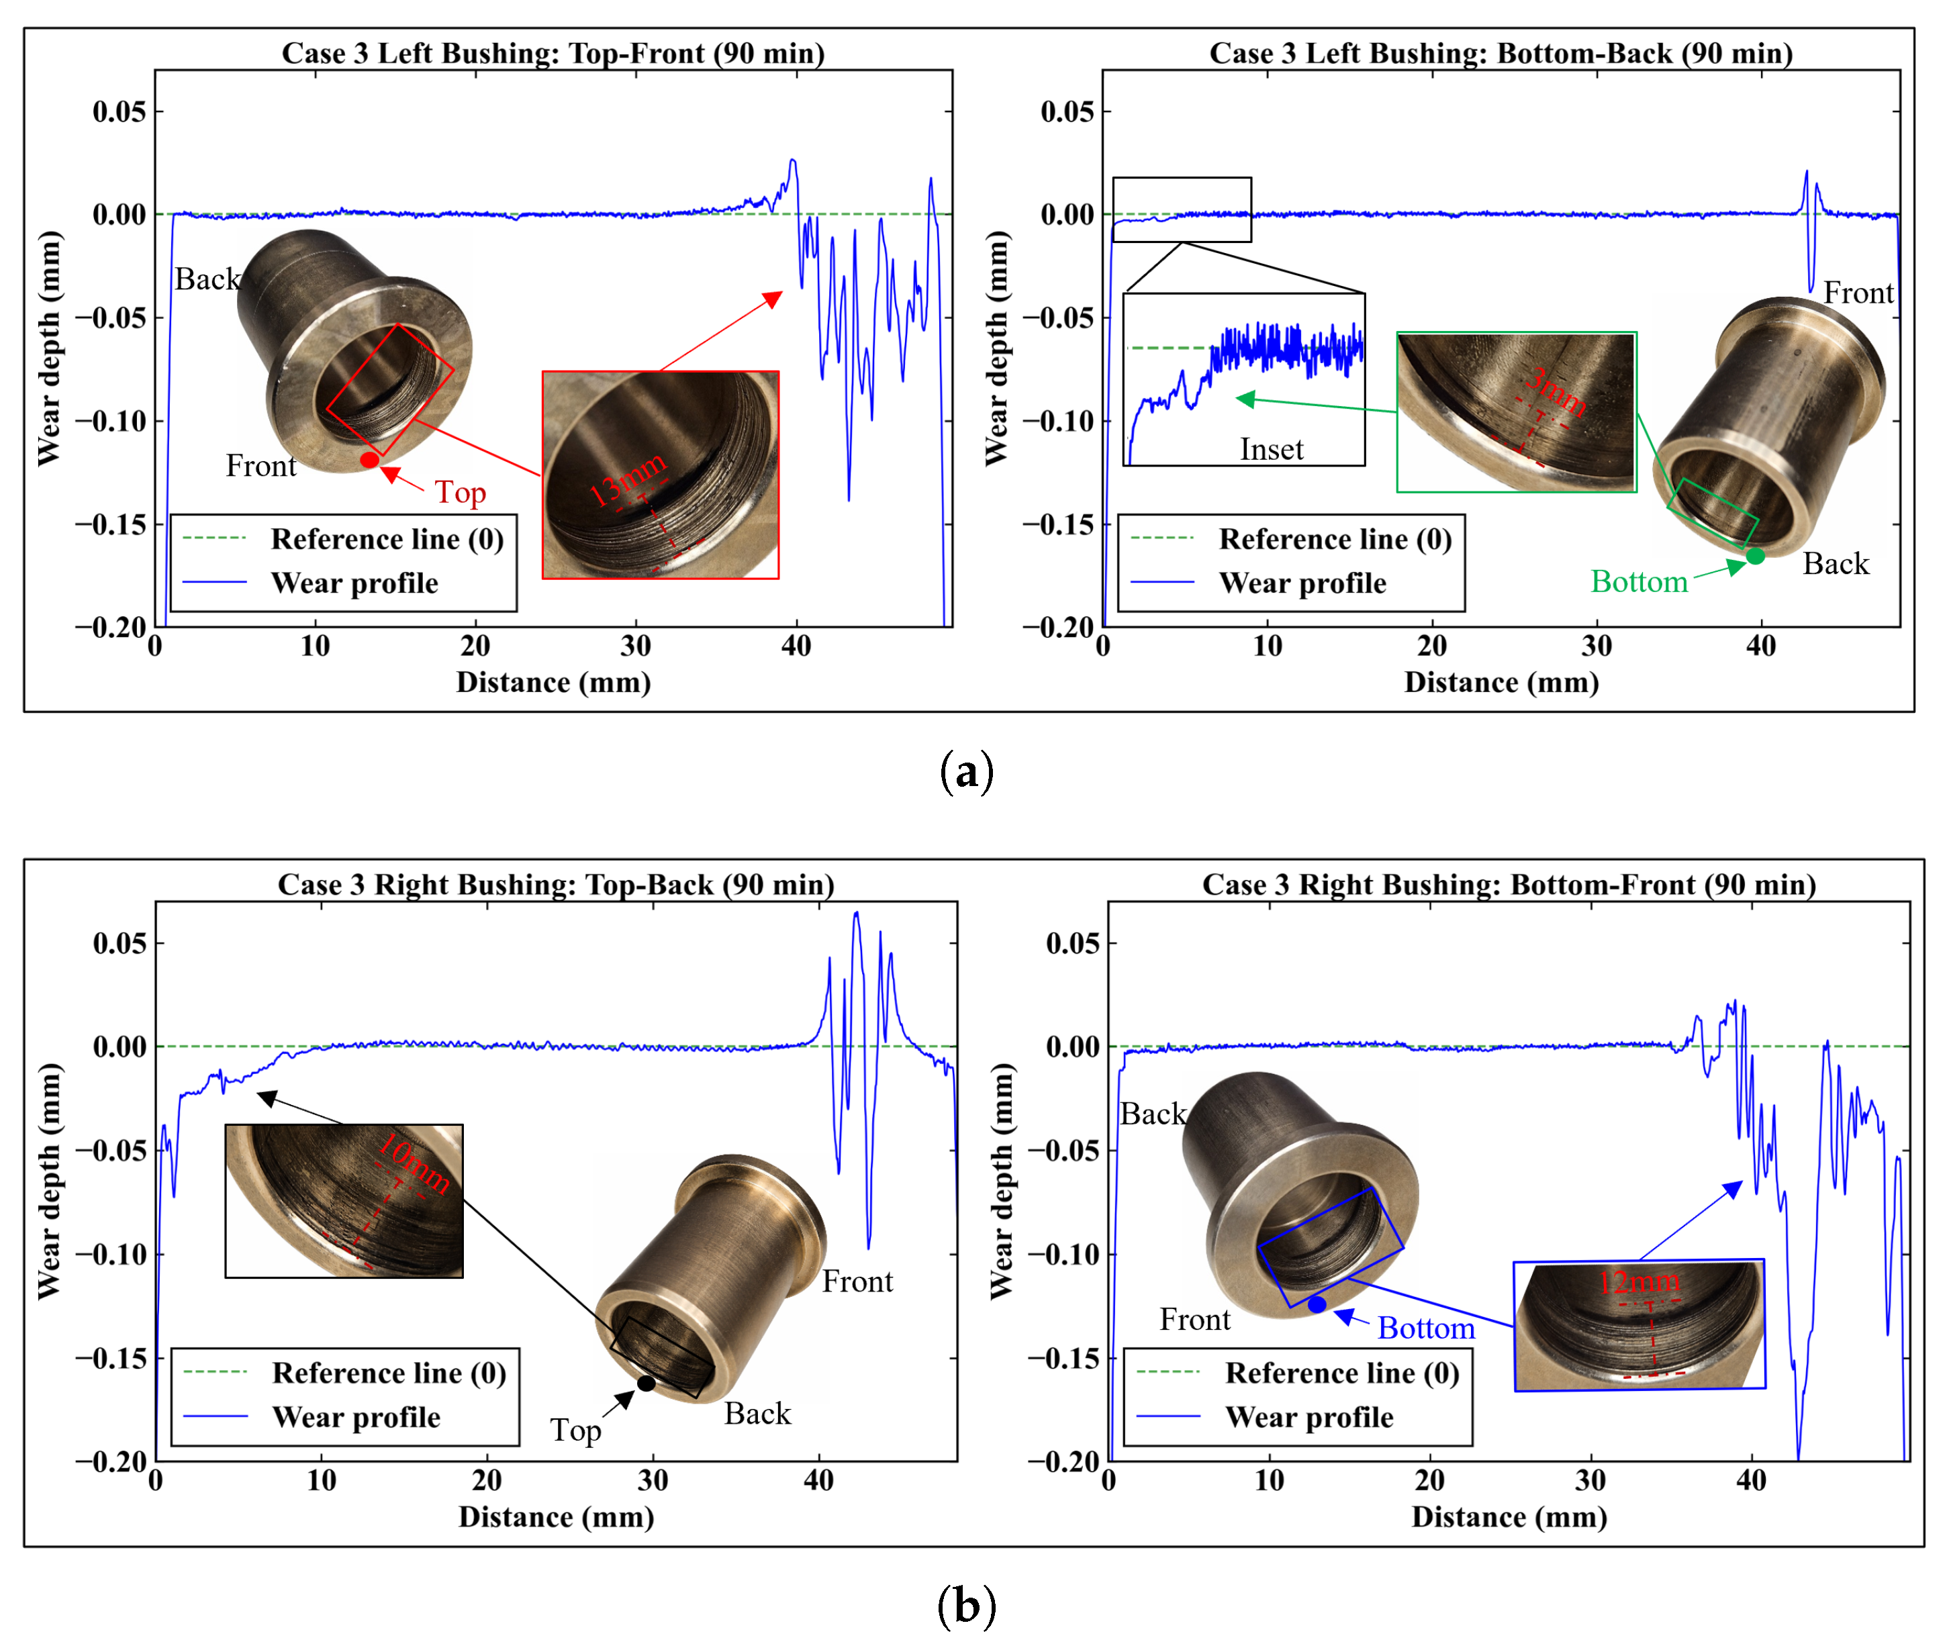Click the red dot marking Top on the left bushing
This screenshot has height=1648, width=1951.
[x=369, y=460]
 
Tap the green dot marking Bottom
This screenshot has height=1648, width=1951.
[x=1756, y=556]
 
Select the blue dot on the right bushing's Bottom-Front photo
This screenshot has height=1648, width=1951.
[x=1317, y=1304]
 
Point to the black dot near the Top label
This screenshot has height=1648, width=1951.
[x=646, y=1383]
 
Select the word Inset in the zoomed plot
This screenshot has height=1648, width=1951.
[x=1271, y=449]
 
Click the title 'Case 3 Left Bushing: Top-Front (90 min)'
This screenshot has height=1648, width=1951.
[x=553, y=53]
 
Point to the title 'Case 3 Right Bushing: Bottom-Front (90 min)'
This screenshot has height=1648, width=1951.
[x=1509, y=884]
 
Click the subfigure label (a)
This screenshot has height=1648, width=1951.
[x=966, y=772]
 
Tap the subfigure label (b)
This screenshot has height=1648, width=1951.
[x=966, y=1605]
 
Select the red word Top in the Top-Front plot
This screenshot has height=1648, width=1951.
[x=460, y=492]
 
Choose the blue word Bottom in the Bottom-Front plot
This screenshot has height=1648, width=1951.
[x=1426, y=1328]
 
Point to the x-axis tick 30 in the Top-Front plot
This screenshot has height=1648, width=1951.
[x=635, y=646]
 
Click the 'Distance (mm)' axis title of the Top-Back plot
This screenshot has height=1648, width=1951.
[x=556, y=1516]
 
